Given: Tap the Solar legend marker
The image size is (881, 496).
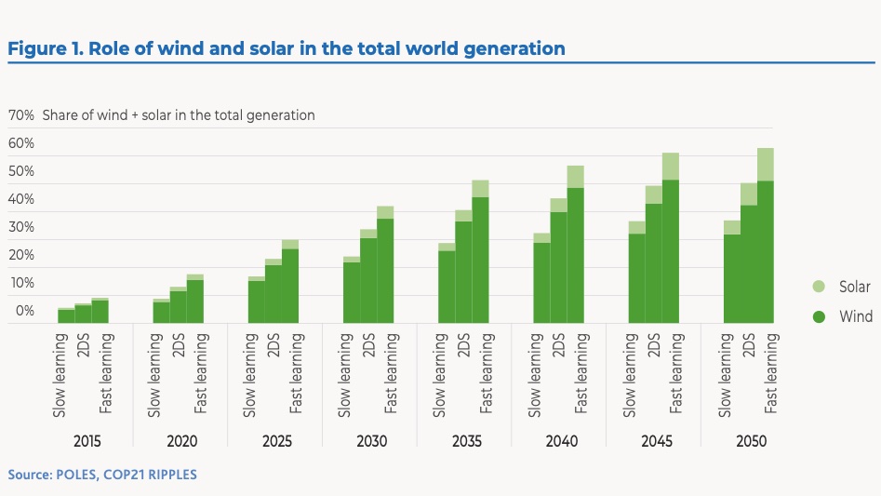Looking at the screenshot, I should coord(819,288).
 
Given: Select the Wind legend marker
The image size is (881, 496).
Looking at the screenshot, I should coord(819,316).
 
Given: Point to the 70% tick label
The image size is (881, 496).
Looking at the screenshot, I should coord(21,115).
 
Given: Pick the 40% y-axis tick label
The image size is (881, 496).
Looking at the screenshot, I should coord(21,199).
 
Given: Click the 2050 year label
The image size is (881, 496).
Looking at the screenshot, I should coord(750,441).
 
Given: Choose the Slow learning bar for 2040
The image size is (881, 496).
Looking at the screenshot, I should coord(541,279).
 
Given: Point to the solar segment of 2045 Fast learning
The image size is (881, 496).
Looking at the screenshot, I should coord(671,167).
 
